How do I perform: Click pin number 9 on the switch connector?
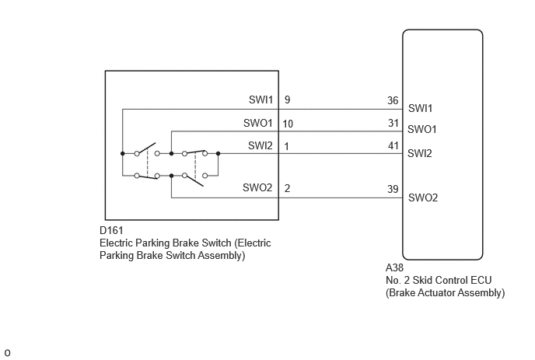coord(287,100)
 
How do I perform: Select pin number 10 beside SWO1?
coord(288,124)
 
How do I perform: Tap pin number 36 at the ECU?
coord(393,100)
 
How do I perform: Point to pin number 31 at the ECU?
coord(393,123)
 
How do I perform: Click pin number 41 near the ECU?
coord(393,145)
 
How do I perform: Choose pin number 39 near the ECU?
coord(393,189)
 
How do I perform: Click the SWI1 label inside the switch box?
coord(261,100)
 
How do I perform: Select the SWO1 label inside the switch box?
coord(258,123)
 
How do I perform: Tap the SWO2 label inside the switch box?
coord(257,187)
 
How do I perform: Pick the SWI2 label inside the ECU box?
coord(420,153)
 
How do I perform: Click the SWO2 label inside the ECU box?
coord(423,197)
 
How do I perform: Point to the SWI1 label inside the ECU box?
coord(421,108)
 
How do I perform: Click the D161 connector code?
coord(111,230)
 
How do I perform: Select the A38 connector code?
coord(394,267)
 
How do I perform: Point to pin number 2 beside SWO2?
coord(287,188)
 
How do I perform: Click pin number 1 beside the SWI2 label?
coord(287,146)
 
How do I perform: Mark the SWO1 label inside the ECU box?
coord(422,129)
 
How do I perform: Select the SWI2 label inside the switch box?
coord(261,145)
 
